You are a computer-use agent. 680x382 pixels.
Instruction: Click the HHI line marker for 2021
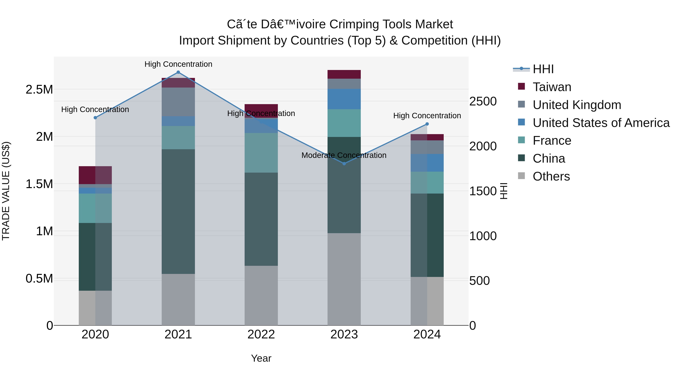coord(178,72)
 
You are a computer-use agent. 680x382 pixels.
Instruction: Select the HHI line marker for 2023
coord(344,164)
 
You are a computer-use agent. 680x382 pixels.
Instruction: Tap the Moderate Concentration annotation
coord(344,155)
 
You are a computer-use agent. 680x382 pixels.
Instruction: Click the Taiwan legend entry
coord(552,87)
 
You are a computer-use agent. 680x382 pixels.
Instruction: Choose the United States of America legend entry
coord(601,123)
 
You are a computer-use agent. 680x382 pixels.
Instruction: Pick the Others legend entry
coord(551,176)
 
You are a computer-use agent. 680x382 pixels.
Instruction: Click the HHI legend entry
coord(543,69)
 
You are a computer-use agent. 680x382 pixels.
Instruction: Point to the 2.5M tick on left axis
coord(39,90)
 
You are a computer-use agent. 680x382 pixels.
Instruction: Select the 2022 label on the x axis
coord(261,334)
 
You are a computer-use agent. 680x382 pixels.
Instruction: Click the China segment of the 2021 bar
coord(178,211)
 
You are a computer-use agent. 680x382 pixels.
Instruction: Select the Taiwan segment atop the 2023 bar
coord(344,74)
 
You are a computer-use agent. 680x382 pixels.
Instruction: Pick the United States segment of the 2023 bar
coord(344,99)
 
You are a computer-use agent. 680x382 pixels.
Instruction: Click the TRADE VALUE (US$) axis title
coord(6,191)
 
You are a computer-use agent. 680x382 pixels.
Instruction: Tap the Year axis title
coord(261,358)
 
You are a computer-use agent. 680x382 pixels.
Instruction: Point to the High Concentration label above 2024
coord(427,116)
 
